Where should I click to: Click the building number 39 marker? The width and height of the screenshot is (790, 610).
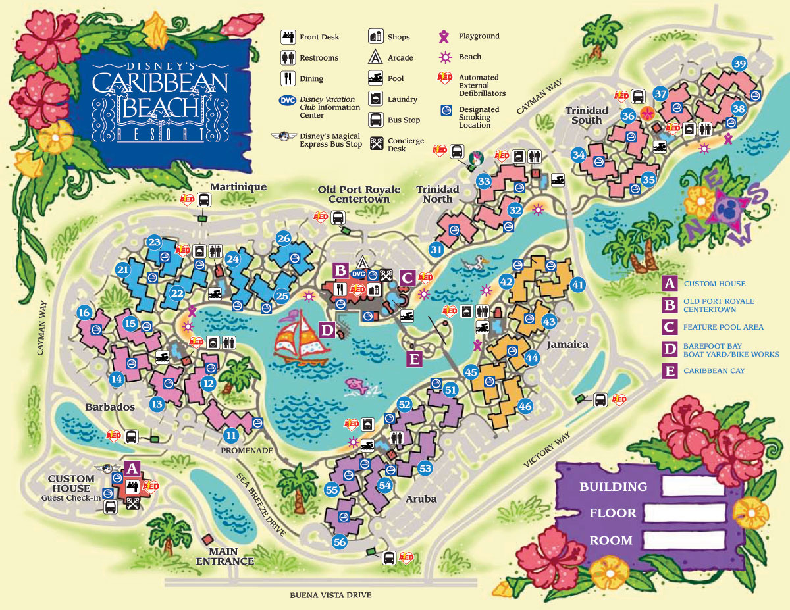(x=739, y=64)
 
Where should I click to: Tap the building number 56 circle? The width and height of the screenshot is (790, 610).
(x=340, y=542)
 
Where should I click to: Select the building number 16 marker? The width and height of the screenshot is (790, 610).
(x=84, y=312)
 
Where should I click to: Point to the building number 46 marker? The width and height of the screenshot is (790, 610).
(x=525, y=406)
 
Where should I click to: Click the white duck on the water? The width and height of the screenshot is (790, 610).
(x=475, y=265)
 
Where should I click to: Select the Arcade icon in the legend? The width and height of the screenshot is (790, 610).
(x=376, y=57)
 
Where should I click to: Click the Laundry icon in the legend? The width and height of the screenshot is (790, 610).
(x=376, y=99)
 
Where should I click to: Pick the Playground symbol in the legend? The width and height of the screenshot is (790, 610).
(x=445, y=36)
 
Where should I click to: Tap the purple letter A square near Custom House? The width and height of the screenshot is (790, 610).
(x=132, y=469)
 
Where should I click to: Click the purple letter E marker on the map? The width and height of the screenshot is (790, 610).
(x=414, y=358)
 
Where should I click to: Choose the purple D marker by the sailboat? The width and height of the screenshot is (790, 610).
(x=327, y=329)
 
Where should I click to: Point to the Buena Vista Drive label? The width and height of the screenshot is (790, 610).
(x=330, y=595)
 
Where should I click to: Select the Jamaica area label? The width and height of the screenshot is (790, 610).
(x=567, y=344)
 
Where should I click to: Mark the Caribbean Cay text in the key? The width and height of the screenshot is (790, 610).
(x=714, y=370)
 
